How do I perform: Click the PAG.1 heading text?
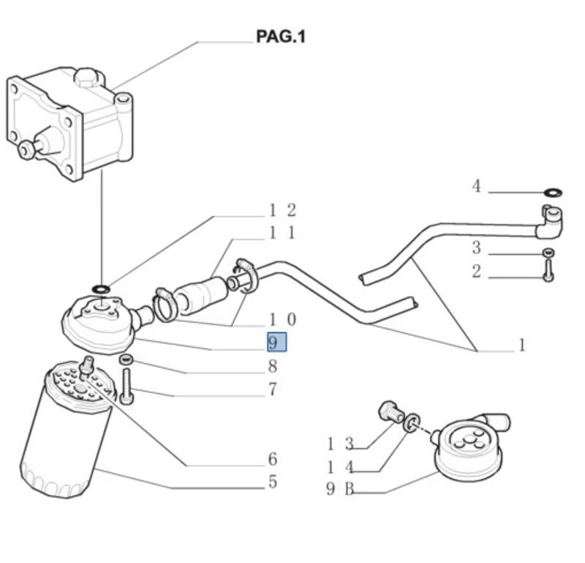(281, 37)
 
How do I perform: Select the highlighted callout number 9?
(277, 342)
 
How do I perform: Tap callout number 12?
(282, 210)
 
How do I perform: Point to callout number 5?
(273, 482)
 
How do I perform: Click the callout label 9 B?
(340, 488)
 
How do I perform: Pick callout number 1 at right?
(522, 344)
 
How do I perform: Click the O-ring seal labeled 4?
(554, 193)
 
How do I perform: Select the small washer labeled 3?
(548, 253)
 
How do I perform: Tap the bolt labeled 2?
(548, 270)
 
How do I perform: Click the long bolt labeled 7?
(127, 386)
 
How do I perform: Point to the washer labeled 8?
(126, 359)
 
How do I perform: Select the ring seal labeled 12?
(101, 288)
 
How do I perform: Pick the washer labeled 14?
(412, 424)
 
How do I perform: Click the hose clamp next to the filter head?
(163, 306)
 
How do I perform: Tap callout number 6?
(273, 459)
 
